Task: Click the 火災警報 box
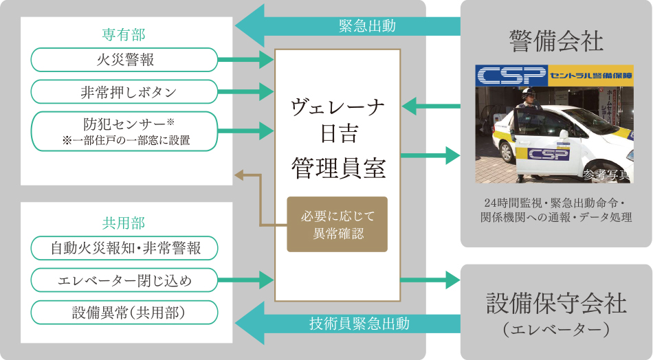(124, 60)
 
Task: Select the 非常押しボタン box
(124, 91)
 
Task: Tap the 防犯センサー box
(124, 131)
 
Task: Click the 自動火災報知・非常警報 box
(124, 248)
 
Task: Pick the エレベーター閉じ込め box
(124, 280)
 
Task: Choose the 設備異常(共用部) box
(124, 313)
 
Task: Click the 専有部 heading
(124, 34)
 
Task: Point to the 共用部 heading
(124, 223)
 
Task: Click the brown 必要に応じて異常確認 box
(337, 225)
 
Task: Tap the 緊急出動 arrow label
(367, 26)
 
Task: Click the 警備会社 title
(556, 41)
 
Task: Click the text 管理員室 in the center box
(337, 168)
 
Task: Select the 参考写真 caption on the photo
(606, 175)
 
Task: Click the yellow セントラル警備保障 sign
(589, 74)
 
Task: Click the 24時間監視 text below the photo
(508, 203)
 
